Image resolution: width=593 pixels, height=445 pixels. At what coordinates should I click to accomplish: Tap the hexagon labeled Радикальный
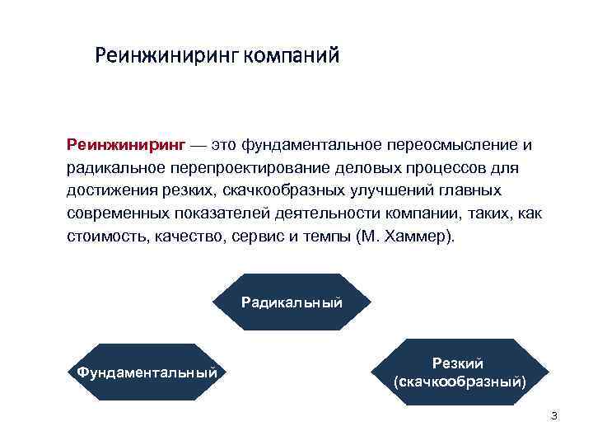(x=292, y=302)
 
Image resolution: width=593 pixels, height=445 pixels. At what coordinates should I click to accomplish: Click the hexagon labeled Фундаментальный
(x=147, y=372)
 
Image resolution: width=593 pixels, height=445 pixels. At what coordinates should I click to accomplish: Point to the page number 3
(x=553, y=416)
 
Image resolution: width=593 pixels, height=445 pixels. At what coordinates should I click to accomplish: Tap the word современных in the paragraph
(x=117, y=213)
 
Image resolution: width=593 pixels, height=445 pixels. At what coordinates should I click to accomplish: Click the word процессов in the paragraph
(x=451, y=167)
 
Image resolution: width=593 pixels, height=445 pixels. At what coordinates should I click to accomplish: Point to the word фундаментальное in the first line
(x=311, y=145)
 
